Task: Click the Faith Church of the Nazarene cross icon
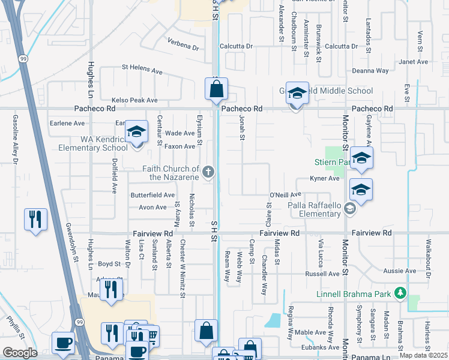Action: (208, 173)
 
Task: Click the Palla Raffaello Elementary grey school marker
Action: (351, 209)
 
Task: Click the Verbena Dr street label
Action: (182, 46)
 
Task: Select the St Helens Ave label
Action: (142, 70)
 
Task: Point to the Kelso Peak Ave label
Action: (134, 100)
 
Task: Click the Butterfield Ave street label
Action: (152, 195)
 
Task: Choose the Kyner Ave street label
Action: (325, 178)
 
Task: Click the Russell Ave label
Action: (322, 274)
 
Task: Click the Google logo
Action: (20, 352)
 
